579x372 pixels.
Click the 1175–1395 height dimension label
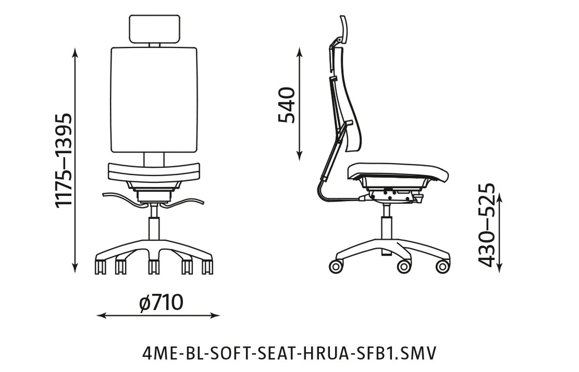(x=64, y=160)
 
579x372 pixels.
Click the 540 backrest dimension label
(x=287, y=105)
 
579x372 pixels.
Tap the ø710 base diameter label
(x=161, y=303)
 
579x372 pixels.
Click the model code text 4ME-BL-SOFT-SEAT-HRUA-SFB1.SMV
(x=289, y=353)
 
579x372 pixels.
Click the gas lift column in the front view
(x=154, y=227)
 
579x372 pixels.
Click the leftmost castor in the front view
(x=100, y=267)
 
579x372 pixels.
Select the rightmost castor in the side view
(x=442, y=266)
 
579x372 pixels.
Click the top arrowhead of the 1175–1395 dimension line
(x=75, y=51)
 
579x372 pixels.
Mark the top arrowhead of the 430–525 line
(x=500, y=196)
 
